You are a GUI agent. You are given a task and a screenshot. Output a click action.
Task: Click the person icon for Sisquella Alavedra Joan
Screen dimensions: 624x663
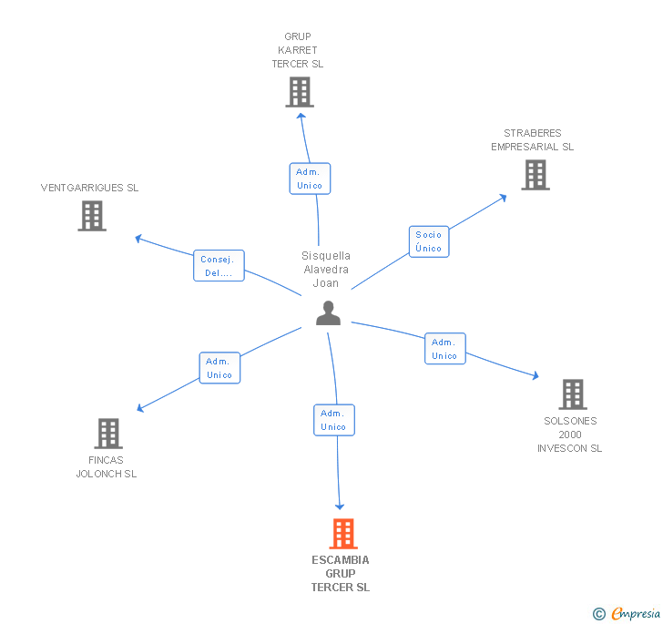tap(328, 313)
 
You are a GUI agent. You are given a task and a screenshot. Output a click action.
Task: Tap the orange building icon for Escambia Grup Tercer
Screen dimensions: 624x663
tap(342, 534)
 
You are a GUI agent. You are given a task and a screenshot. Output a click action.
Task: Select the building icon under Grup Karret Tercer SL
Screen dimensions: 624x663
tap(299, 92)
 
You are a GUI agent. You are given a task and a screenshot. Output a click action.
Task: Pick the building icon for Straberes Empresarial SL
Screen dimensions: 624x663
tap(535, 175)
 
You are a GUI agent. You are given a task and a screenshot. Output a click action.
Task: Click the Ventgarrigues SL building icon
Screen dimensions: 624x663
tap(92, 216)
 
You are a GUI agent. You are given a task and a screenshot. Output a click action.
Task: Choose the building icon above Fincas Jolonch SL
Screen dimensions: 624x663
tap(108, 434)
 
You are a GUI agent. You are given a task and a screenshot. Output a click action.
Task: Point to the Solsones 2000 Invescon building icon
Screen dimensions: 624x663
tap(572, 394)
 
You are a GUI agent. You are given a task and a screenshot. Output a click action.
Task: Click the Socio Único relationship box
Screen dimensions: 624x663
tap(428, 241)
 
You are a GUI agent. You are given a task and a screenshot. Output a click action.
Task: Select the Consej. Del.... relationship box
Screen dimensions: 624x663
tap(219, 266)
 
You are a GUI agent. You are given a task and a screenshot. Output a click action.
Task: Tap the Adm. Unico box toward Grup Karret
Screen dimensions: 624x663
tap(310, 179)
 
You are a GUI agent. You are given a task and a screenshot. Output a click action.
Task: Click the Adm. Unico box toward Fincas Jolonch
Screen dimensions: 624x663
tap(219, 368)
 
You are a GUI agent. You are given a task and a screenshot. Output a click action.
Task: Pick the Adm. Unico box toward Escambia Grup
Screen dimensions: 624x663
tap(333, 420)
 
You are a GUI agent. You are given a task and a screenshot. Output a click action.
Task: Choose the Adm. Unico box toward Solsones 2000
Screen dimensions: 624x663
tap(444, 349)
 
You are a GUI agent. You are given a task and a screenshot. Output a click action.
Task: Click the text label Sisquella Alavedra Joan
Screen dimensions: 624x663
tap(326, 270)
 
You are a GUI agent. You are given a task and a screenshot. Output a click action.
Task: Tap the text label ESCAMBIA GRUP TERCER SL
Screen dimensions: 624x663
tap(341, 574)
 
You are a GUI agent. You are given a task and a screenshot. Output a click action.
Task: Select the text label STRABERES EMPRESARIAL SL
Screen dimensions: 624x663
tap(533, 139)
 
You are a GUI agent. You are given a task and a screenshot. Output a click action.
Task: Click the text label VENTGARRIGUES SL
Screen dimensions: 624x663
tap(89, 188)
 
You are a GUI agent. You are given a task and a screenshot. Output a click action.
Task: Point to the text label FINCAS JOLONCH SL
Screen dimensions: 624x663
tap(107, 467)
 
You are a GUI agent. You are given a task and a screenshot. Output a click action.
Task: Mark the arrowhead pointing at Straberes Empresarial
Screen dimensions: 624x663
tap(504, 197)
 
